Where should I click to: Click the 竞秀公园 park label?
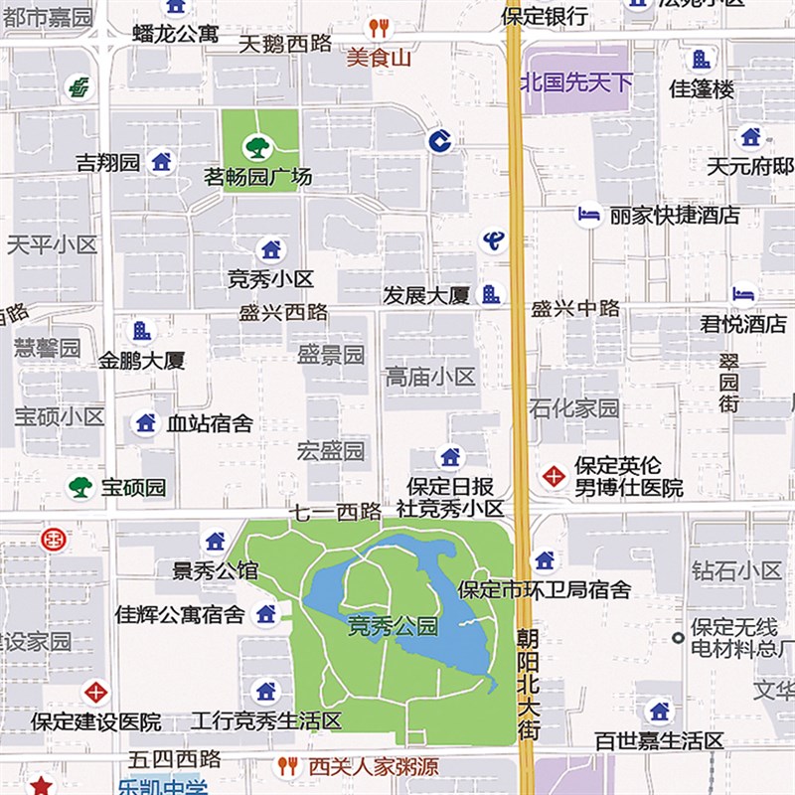(393, 626)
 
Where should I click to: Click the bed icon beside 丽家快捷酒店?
(589, 215)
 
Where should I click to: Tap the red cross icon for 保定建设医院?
(95, 691)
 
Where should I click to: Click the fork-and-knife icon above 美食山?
(378, 28)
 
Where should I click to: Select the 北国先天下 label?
(576, 82)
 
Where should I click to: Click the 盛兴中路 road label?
(575, 309)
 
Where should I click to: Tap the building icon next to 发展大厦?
(489, 294)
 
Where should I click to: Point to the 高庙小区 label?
(430, 378)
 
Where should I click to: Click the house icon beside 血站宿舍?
(146, 423)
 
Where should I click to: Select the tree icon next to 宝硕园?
(80, 487)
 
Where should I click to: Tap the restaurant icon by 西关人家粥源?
(288, 766)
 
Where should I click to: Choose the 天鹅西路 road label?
(284, 45)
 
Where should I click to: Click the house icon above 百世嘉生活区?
(659, 711)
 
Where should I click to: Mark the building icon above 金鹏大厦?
(142, 331)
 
